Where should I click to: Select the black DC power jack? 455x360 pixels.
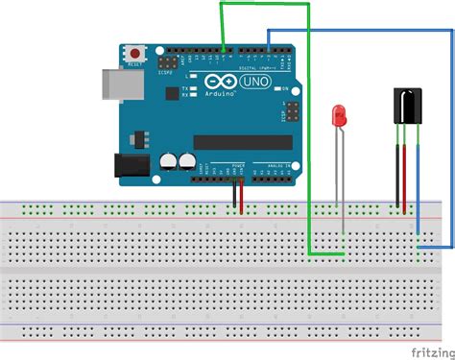pyautogui.click(x=132, y=165)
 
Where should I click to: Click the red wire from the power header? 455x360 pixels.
pyautogui.click(x=241, y=196)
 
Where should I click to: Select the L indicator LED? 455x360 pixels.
pyautogui.click(x=196, y=76)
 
